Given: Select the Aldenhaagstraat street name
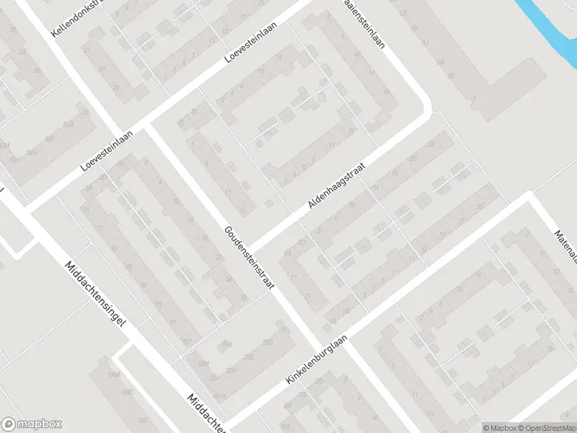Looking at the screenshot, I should coord(338,185).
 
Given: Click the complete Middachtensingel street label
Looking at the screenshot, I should coord(95,294).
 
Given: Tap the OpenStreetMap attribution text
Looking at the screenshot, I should coord(546,428).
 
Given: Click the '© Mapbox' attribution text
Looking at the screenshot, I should coord(498,428).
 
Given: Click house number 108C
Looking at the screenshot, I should coord(128,392).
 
